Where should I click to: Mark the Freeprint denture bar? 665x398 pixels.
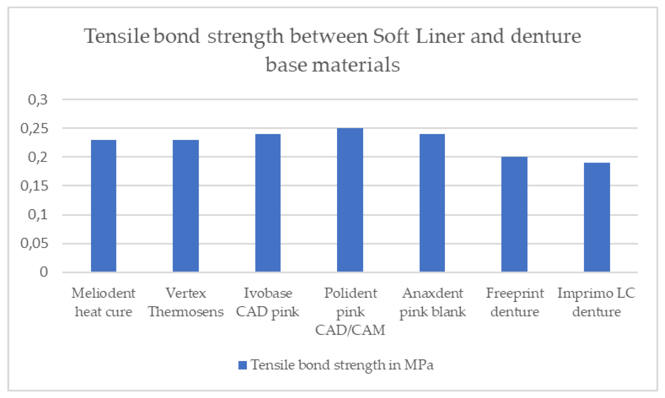tap(514, 214)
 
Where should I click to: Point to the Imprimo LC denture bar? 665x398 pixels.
tap(597, 217)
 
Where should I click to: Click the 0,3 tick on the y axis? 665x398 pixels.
tap(38, 100)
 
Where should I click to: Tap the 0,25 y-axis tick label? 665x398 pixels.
tap(34, 128)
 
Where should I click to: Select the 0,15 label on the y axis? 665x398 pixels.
tap(34, 186)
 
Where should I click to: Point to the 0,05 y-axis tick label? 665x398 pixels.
tap(34, 243)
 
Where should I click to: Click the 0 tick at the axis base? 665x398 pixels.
tap(44, 272)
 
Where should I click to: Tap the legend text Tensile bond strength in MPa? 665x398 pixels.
tap(342, 365)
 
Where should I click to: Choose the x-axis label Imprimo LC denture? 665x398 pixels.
tap(597, 302)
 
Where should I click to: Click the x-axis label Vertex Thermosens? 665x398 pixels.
tap(186, 302)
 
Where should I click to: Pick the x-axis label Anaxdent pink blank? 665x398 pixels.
tap(432, 302)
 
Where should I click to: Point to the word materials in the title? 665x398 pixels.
tap(356, 65)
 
